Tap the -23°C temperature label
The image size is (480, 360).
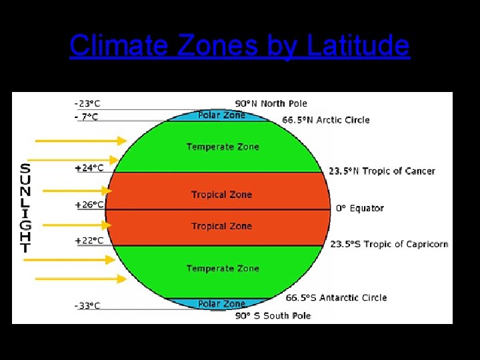click(x=87, y=103)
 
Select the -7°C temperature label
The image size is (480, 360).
click(x=87, y=117)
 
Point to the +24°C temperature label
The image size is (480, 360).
click(x=89, y=168)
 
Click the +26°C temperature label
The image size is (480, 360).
click(x=89, y=205)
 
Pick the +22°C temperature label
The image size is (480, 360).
click(x=89, y=240)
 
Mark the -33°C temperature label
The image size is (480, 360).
click(x=87, y=306)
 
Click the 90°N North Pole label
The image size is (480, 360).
click(x=271, y=103)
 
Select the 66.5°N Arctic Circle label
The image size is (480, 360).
click(x=326, y=120)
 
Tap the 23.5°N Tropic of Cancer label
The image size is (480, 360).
click(x=381, y=171)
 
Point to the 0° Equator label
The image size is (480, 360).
click(x=359, y=209)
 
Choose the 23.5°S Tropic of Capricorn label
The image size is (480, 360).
click(x=389, y=244)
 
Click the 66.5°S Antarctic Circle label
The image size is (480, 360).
click(x=337, y=298)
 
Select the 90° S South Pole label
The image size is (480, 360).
click(x=273, y=315)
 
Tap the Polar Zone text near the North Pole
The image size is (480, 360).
click(x=221, y=115)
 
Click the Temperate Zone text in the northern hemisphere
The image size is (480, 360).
click(x=223, y=147)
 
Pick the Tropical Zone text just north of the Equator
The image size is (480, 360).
click(x=221, y=195)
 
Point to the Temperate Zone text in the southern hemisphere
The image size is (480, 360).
click(x=223, y=268)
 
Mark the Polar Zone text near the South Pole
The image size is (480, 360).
click(x=221, y=304)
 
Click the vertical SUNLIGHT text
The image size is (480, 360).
click(x=25, y=208)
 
